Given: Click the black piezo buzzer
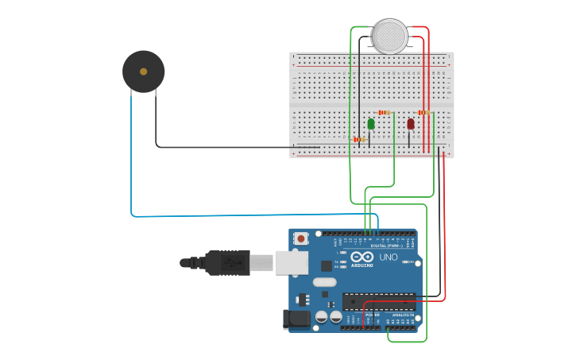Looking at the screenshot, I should pos(143,72).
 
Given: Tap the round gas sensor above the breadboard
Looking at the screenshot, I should pos(389,37).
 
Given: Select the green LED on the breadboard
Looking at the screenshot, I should pos(371,124).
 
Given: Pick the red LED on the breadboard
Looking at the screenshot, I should pos(411,124).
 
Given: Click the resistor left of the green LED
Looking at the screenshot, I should pos(360,139).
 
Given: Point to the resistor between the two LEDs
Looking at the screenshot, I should pos(385,113).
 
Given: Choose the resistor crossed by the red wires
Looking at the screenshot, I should pos(424,113).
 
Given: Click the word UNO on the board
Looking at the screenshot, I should pos(389,257).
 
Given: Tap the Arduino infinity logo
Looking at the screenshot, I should pos(361,257).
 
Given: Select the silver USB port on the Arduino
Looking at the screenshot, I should pos(292,262).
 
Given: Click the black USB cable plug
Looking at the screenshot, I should pos(227,262).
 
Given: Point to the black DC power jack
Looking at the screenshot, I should pos(296,319).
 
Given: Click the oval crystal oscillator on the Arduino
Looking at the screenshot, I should pos(325,282).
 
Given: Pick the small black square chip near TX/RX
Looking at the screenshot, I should pos(327,266).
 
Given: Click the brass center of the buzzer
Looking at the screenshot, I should pos(143,72).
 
